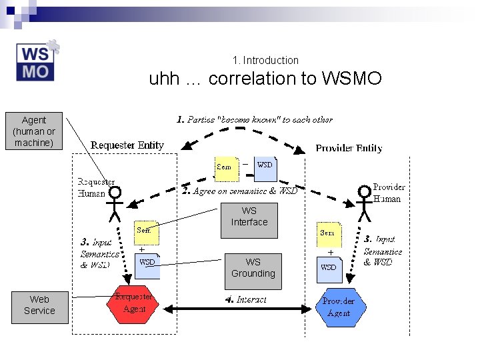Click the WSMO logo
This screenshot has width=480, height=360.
(x=37, y=61)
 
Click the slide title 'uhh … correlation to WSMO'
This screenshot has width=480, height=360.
(x=265, y=79)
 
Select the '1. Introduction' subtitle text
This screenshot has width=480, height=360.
(x=266, y=60)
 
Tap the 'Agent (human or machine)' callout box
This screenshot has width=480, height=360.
(x=34, y=131)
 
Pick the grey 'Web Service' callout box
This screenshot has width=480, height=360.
(x=39, y=305)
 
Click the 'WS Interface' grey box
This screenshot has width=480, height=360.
(x=249, y=217)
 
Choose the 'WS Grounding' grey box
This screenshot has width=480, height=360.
(x=253, y=268)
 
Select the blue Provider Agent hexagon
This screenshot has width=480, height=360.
(x=339, y=307)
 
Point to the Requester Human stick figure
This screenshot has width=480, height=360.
(x=115, y=203)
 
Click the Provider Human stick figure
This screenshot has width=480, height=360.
(x=364, y=203)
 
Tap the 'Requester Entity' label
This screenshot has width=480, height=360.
(x=127, y=145)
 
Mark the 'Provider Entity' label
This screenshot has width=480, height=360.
(x=349, y=148)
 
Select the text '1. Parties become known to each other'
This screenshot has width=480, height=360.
(x=254, y=120)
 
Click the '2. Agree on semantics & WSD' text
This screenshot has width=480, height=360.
(x=239, y=191)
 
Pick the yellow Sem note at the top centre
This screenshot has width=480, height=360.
(x=226, y=167)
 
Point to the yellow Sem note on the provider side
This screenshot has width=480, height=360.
(x=328, y=234)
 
